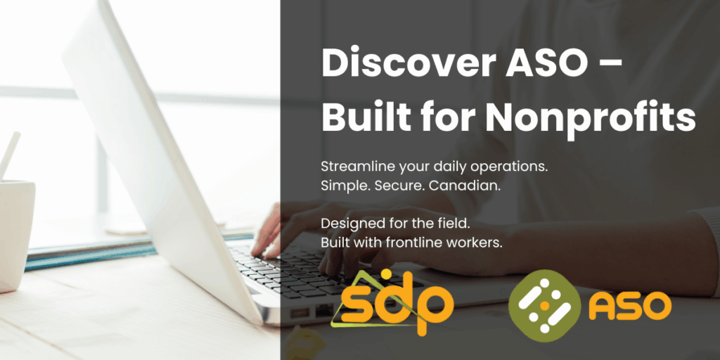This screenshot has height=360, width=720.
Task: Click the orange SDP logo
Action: pyautogui.click(x=394, y=302)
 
